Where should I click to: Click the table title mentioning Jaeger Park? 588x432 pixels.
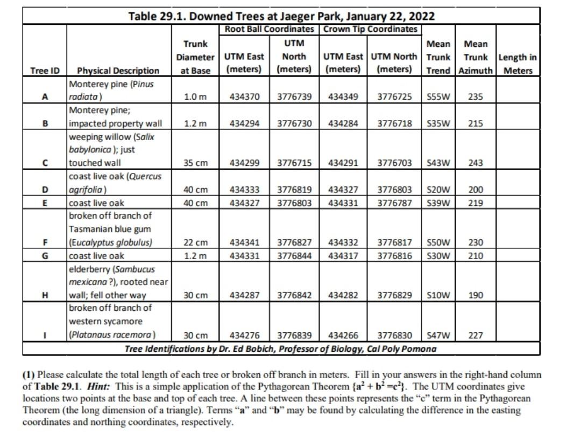(x=281, y=16)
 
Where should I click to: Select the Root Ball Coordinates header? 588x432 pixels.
(x=269, y=29)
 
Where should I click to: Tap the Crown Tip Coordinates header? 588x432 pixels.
(x=370, y=29)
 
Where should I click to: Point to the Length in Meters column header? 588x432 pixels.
(x=518, y=64)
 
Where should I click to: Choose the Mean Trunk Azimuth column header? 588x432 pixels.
(x=476, y=57)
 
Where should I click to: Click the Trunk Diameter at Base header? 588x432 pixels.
(x=195, y=57)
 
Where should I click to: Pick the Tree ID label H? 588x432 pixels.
(x=45, y=295)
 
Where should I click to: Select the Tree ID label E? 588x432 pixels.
(x=45, y=203)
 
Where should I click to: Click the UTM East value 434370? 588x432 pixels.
(x=244, y=97)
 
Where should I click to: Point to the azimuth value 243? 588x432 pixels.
(x=476, y=163)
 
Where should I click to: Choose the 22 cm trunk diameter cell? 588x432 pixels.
(x=195, y=242)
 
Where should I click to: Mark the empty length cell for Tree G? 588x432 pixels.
(x=518, y=256)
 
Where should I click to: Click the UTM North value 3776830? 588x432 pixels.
(x=395, y=335)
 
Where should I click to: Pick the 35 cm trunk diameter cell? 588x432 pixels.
(x=195, y=163)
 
